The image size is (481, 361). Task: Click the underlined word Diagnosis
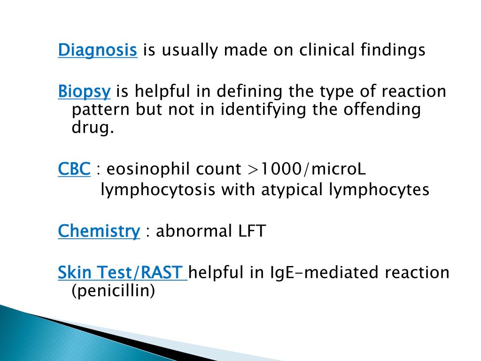coord(97,50)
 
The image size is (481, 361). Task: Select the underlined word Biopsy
coord(84,91)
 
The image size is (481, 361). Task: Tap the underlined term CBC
coord(74,169)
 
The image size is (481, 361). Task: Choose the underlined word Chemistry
coord(99,231)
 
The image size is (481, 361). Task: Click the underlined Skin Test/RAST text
coord(122,272)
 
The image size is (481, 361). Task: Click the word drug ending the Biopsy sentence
coord(93,128)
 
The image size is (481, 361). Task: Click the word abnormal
coord(193,231)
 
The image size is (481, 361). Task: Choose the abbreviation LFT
coord(251,231)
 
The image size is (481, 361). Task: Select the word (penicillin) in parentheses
coord(113,291)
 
